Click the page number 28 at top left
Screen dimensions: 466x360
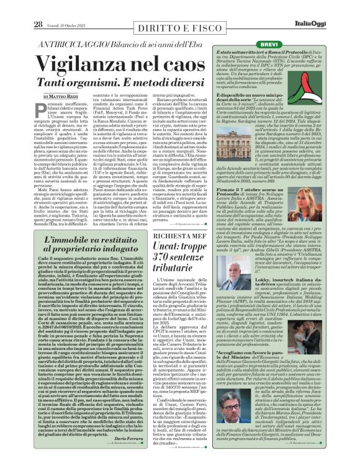(38, 7)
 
